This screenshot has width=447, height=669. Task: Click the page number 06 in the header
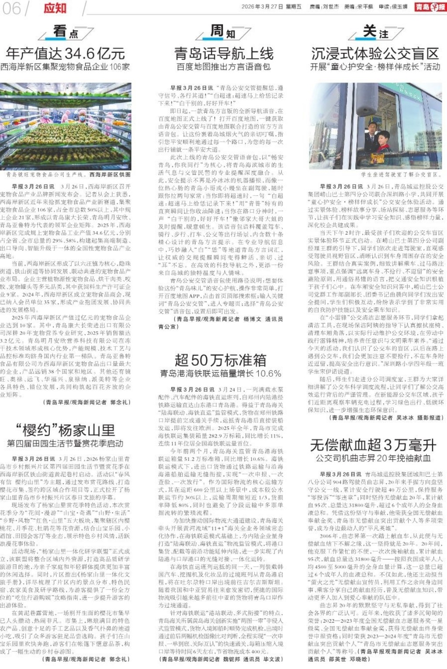(x=11, y=8)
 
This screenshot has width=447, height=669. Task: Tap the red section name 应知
(x=55, y=8)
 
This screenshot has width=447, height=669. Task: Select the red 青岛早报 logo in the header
(x=430, y=7)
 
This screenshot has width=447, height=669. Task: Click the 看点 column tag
(x=66, y=32)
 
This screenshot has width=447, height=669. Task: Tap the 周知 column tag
(x=223, y=32)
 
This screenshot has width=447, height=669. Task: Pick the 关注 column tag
(x=375, y=32)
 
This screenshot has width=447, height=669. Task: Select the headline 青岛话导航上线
(x=224, y=54)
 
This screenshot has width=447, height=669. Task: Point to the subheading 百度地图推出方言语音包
(x=223, y=67)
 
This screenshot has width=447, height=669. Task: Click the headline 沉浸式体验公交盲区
(x=375, y=54)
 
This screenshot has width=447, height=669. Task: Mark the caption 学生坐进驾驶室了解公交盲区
(x=402, y=174)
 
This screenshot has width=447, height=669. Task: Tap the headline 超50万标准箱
(x=220, y=360)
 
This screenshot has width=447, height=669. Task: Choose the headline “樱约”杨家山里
(x=65, y=430)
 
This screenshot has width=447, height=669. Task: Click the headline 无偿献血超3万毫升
(x=373, y=445)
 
